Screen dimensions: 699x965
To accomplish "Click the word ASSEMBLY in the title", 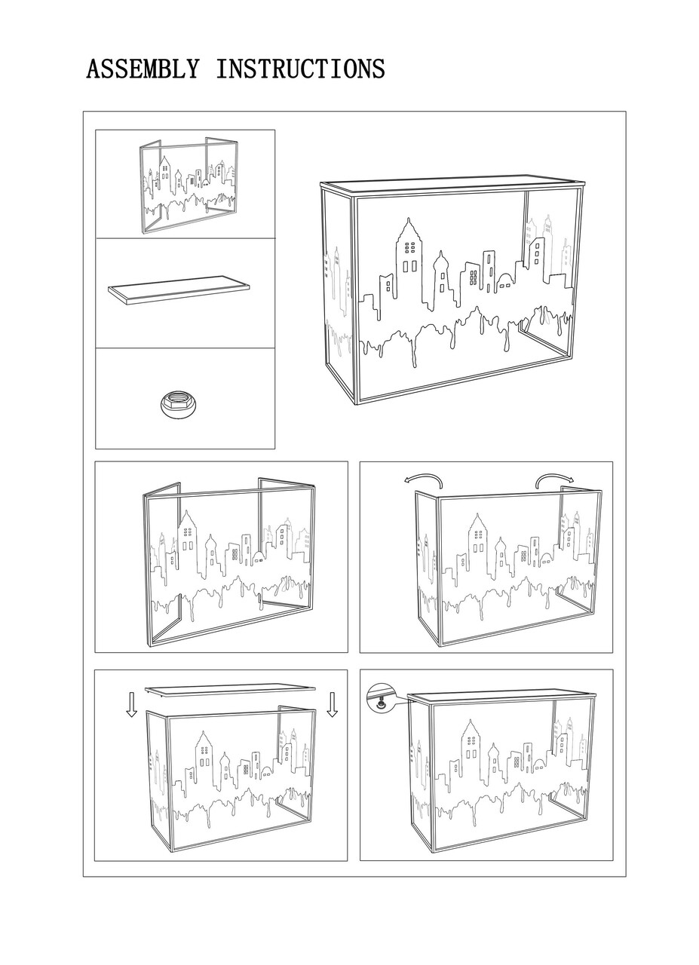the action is [x=143, y=69].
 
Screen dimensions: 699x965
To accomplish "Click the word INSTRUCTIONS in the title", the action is [x=300, y=69].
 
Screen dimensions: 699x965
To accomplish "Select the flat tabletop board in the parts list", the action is [x=179, y=291].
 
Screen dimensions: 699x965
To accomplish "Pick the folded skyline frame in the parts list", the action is [x=189, y=186].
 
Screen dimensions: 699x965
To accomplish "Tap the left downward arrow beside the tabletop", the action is [x=132, y=705].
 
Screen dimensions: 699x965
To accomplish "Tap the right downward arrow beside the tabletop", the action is [x=332, y=705].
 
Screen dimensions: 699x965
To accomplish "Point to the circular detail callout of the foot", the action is [x=381, y=697].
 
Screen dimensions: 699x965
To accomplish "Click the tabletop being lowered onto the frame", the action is [x=230, y=689].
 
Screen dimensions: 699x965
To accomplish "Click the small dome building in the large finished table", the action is [x=504, y=282].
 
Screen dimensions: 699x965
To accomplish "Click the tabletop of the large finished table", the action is [x=453, y=186].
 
